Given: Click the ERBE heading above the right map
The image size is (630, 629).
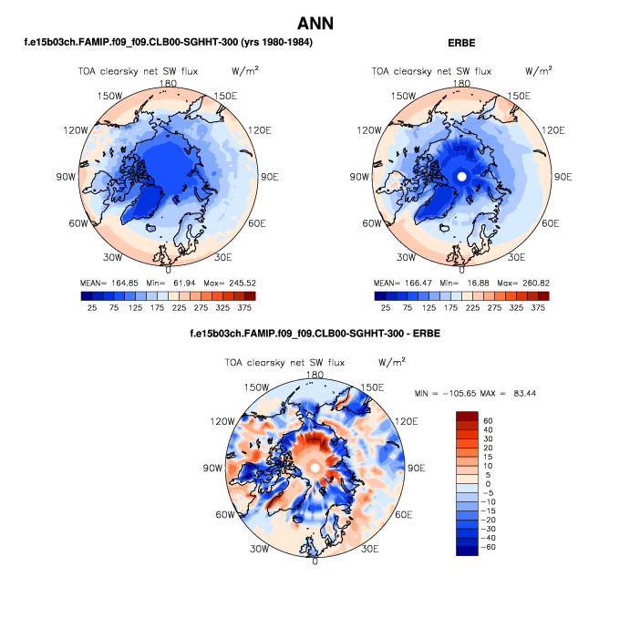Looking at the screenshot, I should click(x=461, y=44).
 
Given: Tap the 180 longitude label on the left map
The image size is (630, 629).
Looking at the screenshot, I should click(x=168, y=83).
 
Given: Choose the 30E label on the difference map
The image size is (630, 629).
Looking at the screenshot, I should click(x=370, y=549).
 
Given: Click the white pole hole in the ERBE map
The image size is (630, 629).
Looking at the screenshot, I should click(x=461, y=176).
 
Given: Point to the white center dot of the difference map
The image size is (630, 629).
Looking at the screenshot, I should click(x=315, y=467).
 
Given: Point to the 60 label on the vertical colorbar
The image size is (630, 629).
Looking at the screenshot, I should click(x=490, y=421).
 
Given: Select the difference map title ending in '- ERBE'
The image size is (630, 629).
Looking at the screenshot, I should click(x=315, y=335).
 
